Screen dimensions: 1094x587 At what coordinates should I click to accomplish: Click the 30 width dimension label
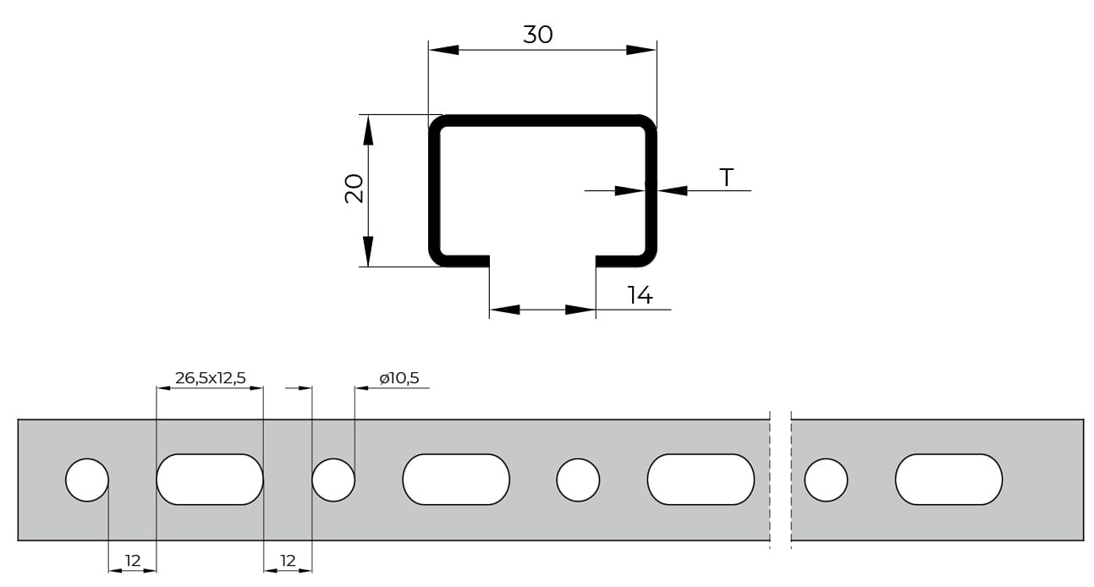(x=538, y=35)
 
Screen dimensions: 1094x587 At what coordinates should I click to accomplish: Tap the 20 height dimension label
(x=355, y=189)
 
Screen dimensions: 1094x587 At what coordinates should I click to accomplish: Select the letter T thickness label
(x=727, y=178)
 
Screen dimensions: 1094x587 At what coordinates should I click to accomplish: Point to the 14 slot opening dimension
(x=640, y=295)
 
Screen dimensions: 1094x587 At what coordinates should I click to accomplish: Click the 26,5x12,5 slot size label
(x=211, y=378)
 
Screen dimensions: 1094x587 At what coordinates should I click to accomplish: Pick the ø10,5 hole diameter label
(x=399, y=378)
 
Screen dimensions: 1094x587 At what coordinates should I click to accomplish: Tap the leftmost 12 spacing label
(x=132, y=561)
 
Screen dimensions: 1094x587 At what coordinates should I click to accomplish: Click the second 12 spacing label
(x=288, y=561)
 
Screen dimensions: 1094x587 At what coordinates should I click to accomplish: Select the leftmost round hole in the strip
(x=87, y=480)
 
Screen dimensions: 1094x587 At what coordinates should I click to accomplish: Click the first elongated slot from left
(x=210, y=480)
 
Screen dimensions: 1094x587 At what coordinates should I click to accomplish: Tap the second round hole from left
(x=333, y=480)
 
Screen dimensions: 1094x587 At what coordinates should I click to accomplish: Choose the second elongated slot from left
(x=456, y=480)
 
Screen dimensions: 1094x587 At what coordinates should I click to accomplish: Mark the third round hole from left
(x=578, y=480)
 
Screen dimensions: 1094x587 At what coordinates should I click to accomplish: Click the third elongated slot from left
(x=701, y=480)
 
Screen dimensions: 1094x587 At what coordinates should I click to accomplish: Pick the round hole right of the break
(x=827, y=480)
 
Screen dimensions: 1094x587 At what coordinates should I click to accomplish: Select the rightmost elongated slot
(x=949, y=480)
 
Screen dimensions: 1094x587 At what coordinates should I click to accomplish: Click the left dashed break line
(x=770, y=480)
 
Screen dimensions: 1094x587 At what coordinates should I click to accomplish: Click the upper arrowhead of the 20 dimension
(x=368, y=130)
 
